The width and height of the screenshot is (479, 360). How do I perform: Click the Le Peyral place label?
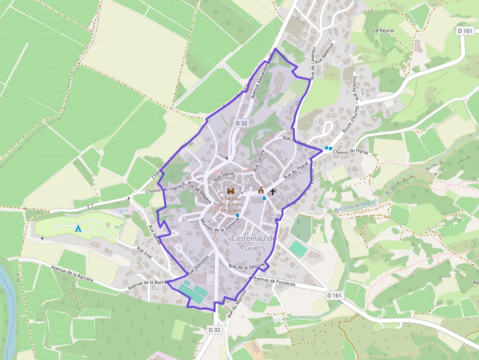click(383, 30)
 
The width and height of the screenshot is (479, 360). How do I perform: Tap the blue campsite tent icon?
click(78, 228)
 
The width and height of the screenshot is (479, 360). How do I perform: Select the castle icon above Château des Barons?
click(231, 191)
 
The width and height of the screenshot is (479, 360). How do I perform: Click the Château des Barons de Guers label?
click(230, 204)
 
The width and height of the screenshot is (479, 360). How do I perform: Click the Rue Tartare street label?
click(259, 159)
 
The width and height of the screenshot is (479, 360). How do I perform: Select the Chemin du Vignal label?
click(349, 152)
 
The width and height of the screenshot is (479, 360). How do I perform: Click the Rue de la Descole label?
click(246, 266)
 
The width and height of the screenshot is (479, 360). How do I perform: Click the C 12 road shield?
click(18, 278)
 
